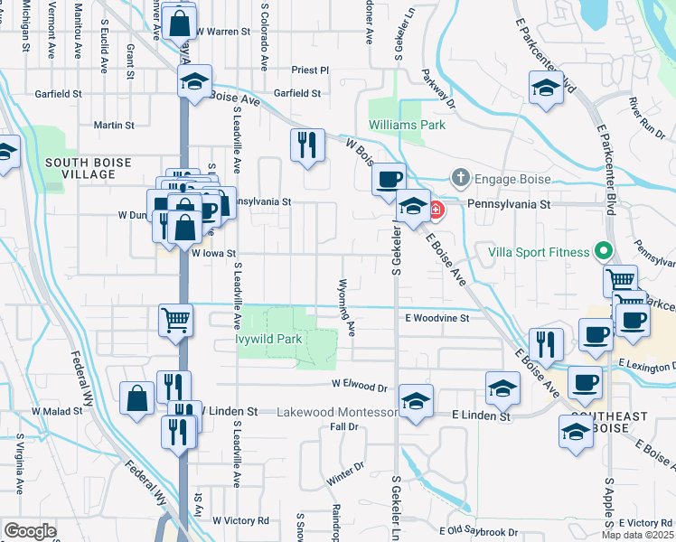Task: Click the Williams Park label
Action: pyautogui.click(x=407, y=125)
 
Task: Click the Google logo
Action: pyautogui.click(x=30, y=530)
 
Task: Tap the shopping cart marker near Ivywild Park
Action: pyautogui.click(x=175, y=320)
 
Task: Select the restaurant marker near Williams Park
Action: pyautogui.click(x=307, y=144)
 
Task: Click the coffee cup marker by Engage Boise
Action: pyautogui.click(x=390, y=179)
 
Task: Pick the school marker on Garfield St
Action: pyautogui.click(x=192, y=82)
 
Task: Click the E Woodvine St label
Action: pyautogui.click(x=437, y=318)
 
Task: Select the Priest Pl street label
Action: pyautogui.click(x=310, y=70)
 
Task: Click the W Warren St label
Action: pyautogui.click(x=221, y=31)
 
